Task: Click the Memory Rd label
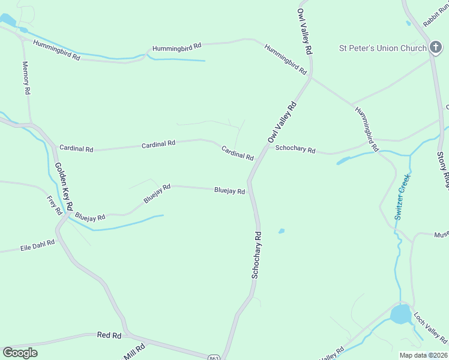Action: [26, 78]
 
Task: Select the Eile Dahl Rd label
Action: [37, 245]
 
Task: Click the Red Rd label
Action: [109, 335]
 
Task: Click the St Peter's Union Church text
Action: [382, 48]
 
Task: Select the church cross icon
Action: [435, 48]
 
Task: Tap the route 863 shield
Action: [214, 358]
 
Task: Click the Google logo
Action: [20, 353]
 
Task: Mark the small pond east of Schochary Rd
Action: [282, 231]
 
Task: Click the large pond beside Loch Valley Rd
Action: [400, 314]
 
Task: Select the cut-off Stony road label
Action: [443, 171]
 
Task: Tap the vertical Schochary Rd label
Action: [257, 254]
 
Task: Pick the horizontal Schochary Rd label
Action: [295, 149]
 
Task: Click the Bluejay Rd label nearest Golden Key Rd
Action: [90, 216]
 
